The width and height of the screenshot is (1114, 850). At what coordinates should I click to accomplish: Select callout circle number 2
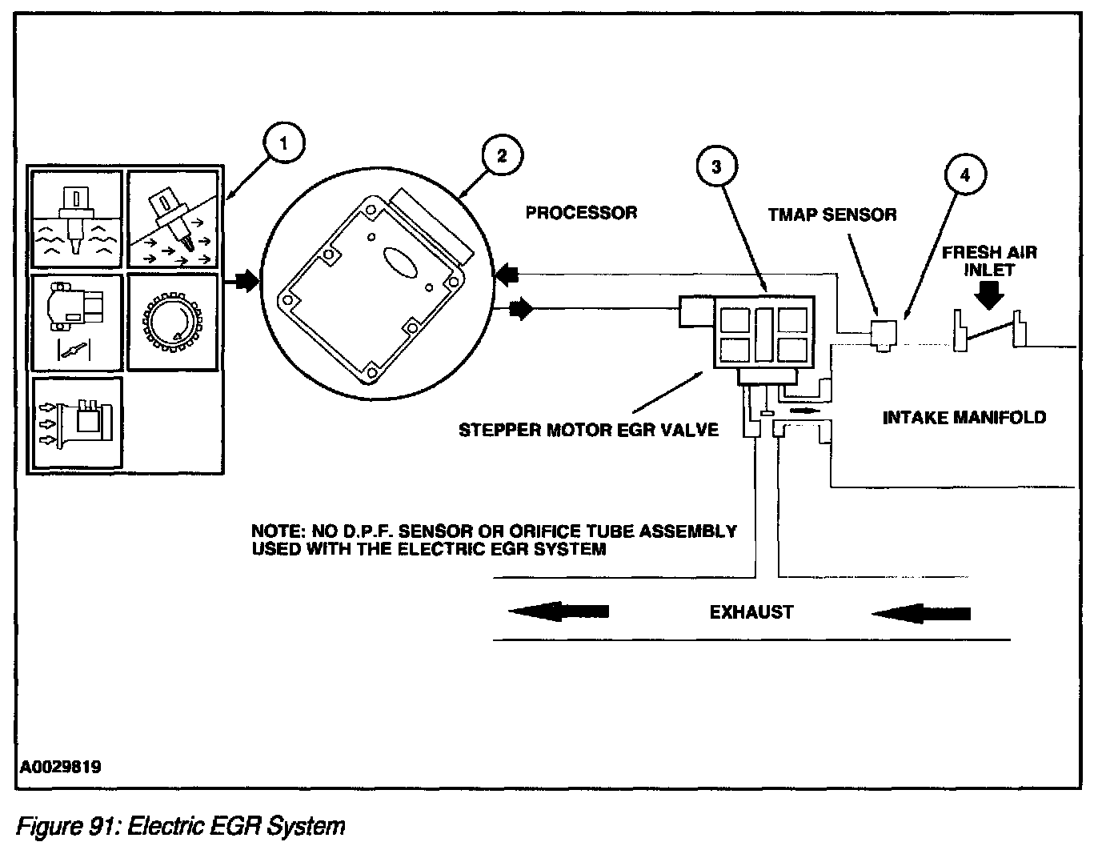coord(501,155)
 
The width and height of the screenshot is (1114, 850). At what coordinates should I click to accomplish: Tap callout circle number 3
coord(716,166)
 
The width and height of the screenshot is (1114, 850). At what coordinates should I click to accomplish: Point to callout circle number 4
coord(964,175)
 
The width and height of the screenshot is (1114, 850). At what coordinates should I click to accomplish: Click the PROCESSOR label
coord(581,213)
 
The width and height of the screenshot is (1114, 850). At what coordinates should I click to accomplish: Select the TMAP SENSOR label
coord(832,215)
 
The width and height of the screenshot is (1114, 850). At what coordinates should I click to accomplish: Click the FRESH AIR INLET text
coord(989,261)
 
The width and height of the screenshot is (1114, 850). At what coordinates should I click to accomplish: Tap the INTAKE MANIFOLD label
coord(964,417)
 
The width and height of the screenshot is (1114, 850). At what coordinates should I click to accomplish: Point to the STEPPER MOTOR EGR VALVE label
coord(588,430)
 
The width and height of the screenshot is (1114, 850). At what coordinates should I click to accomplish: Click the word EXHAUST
coord(751,612)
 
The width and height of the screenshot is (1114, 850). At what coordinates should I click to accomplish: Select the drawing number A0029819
coord(61,767)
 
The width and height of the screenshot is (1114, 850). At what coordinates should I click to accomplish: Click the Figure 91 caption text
coord(181,826)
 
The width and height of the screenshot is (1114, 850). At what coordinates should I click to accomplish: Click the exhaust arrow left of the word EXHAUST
coord(559,611)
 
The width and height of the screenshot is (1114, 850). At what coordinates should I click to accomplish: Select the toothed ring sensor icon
coord(173,323)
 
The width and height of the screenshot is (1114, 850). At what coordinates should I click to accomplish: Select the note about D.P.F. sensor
coord(494,540)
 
